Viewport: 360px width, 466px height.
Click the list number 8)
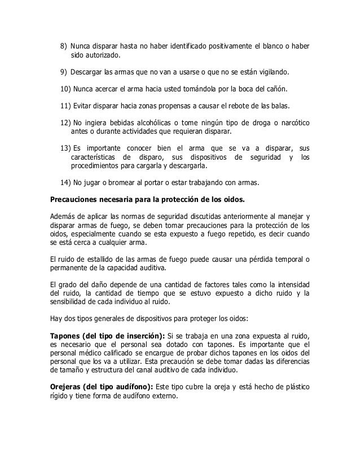click(63, 46)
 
